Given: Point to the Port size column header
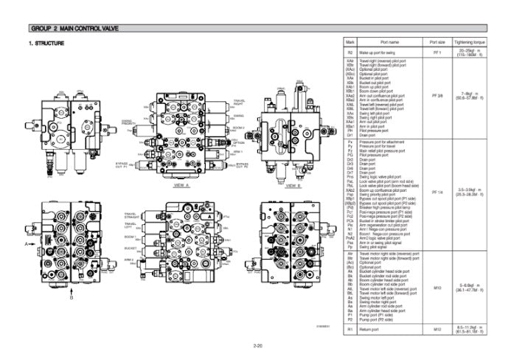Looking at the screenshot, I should [x=436, y=43].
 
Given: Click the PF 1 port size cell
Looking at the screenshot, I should [x=436, y=53].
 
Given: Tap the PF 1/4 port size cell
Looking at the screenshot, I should [x=436, y=191].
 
